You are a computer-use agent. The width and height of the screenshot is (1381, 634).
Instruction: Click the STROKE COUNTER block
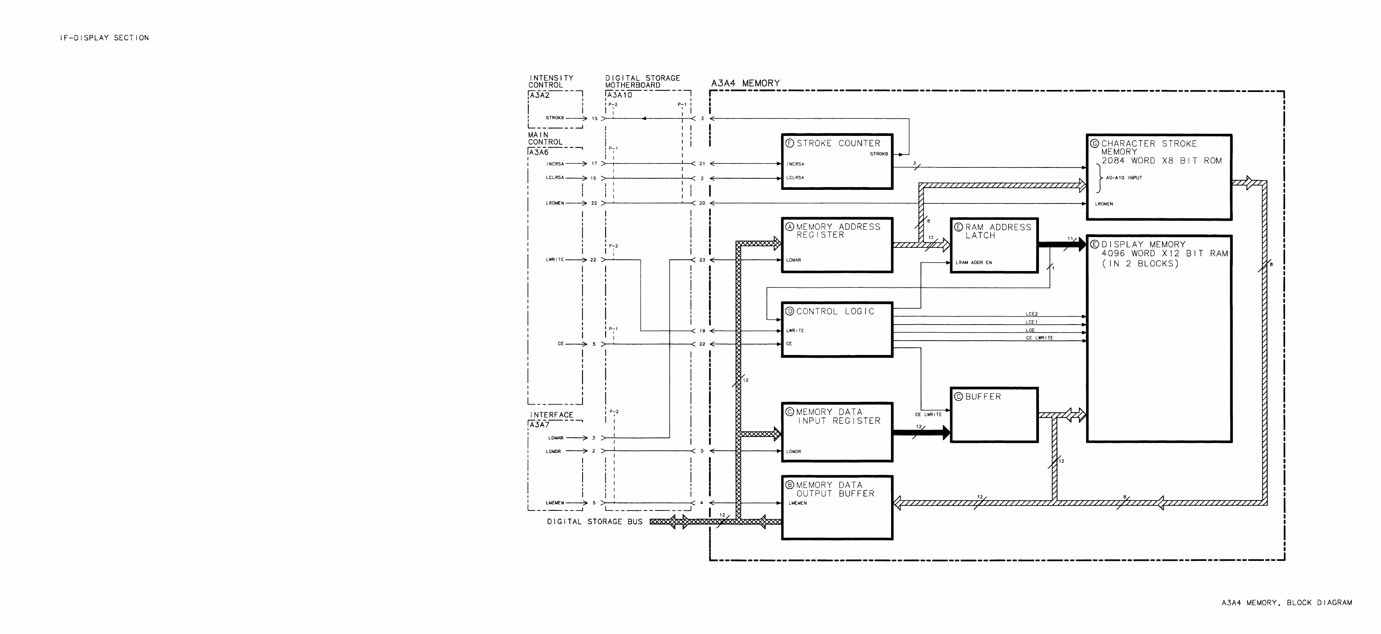tap(837, 161)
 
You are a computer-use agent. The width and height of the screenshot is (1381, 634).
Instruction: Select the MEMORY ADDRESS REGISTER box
tap(837, 245)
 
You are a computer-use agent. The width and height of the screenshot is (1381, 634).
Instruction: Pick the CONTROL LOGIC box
tap(837, 329)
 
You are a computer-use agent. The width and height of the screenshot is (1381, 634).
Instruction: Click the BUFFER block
tap(994, 415)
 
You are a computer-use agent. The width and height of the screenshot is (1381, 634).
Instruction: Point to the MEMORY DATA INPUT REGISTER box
tap(837, 432)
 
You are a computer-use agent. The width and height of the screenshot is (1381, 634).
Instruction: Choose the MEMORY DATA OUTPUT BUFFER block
tap(837, 507)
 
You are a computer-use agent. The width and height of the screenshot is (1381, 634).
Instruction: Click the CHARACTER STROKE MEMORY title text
tap(1149, 148)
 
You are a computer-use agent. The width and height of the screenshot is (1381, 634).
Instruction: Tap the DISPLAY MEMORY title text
tap(1144, 245)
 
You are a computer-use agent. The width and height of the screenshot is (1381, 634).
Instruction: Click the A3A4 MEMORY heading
tap(745, 83)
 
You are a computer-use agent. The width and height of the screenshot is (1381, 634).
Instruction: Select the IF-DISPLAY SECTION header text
tap(105, 38)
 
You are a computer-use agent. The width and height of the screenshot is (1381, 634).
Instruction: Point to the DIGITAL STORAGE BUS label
tap(595, 521)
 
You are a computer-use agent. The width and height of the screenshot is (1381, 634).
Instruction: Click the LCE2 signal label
tap(1031, 314)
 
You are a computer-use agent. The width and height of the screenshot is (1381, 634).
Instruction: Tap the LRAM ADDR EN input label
tap(973, 263)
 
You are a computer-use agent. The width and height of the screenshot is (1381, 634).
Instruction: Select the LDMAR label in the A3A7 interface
tap(555, 438)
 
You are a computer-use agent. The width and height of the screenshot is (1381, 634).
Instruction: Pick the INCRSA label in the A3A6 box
tap(555, 163)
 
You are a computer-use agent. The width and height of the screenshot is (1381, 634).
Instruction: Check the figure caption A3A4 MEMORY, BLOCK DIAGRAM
tap(1287, 602)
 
